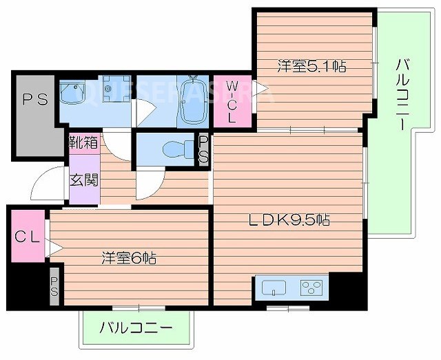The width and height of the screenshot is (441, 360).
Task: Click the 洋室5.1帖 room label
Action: pos(311,67)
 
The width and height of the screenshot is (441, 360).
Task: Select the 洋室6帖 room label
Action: pos(129,258)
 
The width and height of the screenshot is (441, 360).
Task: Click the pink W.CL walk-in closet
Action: pos(232,101)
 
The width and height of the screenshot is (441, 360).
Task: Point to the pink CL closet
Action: pos(26,238)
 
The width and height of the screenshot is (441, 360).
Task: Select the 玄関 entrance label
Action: pos(83,180)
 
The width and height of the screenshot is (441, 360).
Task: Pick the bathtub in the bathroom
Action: pos(192,101)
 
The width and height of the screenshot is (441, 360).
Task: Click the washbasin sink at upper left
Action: pos(72,92)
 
